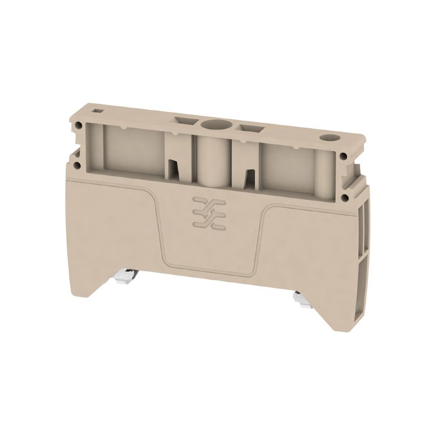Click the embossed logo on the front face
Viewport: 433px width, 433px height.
203,212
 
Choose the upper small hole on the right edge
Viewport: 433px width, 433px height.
344,157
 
